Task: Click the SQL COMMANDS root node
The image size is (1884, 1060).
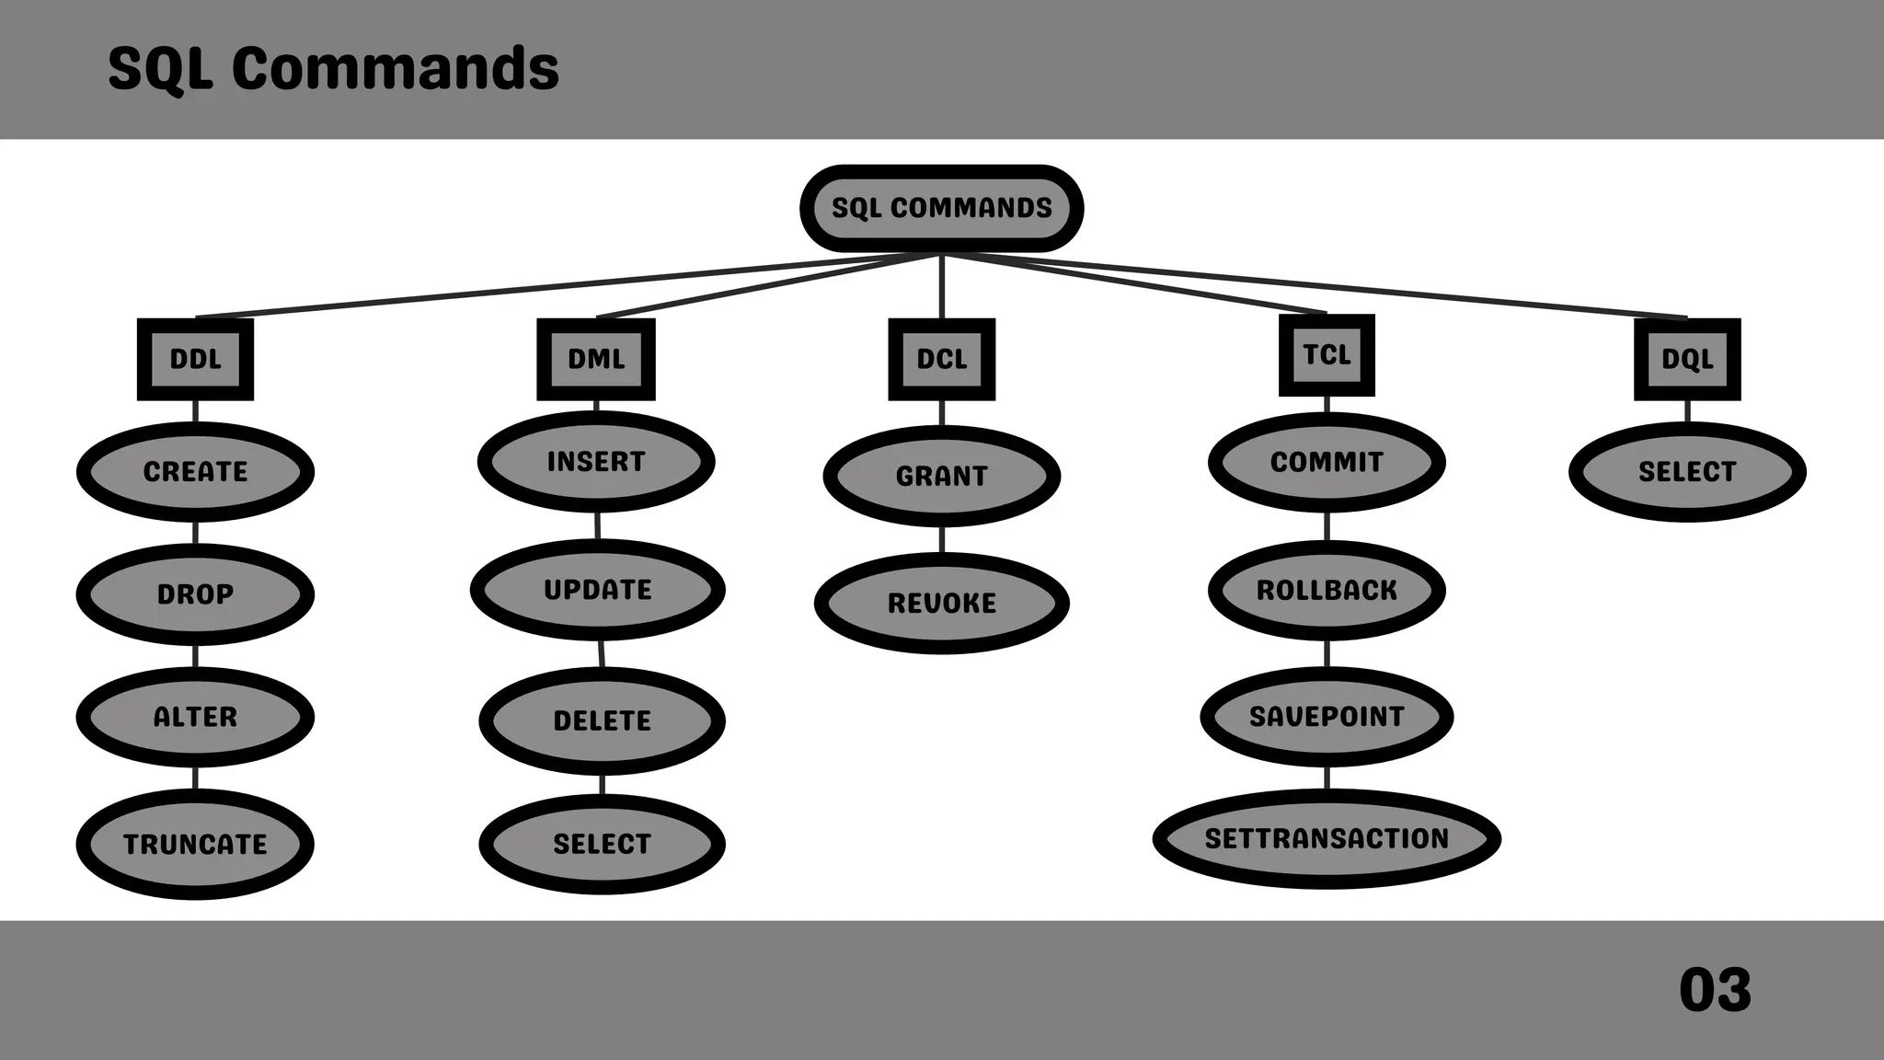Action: tap(941, 208)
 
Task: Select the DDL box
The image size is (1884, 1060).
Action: tap(195, 359)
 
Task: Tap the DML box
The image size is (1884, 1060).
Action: tap(596, 359)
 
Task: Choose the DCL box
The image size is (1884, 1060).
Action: tap(941, 359)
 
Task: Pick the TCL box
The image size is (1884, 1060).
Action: tap(1327, 355)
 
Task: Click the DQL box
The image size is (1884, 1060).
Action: tap(1687, 359)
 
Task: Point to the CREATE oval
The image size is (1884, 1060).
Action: tap(195, 472)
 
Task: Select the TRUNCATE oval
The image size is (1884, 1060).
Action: tap(195, 844)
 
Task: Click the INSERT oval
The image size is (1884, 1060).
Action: tap(596, 461)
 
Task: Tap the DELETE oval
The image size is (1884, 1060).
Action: tap(602, 720)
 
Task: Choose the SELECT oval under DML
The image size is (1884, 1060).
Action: tap(602, 844)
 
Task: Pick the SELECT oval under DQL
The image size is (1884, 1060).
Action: tap(1687, 472)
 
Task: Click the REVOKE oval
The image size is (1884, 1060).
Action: tap(941, 604)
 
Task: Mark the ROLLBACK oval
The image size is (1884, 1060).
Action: tap(1327, 590)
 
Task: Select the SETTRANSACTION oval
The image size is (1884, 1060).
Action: tap(1327, 838)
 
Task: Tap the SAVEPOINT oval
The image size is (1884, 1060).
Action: tap(1327, 717)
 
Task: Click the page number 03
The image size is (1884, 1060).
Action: tap(1715, 990)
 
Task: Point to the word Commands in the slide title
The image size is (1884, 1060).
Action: tap(395, 68)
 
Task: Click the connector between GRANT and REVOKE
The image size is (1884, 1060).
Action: tap(941, 540)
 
